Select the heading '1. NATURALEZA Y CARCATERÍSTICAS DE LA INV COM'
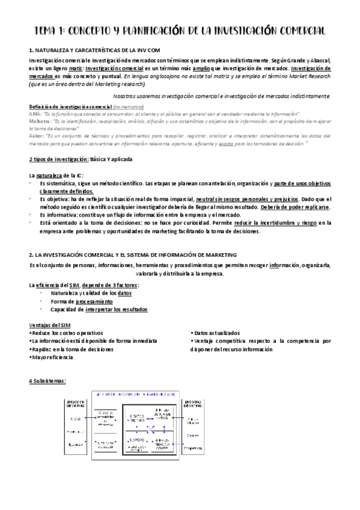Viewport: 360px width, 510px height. coord(94,51)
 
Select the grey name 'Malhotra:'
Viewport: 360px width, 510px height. coord(40,120)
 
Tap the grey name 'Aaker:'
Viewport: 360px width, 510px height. coord(36,135)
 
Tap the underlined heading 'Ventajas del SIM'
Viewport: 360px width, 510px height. coord(49,324)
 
